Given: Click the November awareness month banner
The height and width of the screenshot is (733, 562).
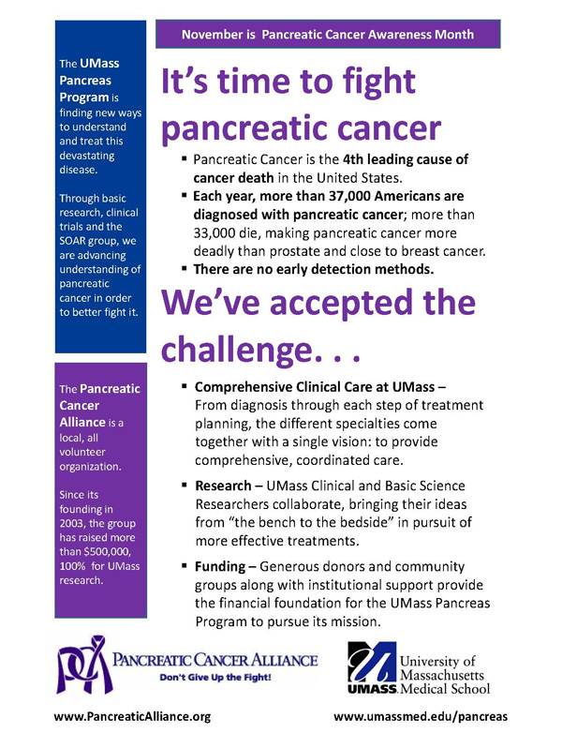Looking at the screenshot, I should (x=328, y=35).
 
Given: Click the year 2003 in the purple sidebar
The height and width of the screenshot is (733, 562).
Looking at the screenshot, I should (x=74, y=511).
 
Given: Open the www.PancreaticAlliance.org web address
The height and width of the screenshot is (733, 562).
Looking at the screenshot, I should (x=132, y=716).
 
